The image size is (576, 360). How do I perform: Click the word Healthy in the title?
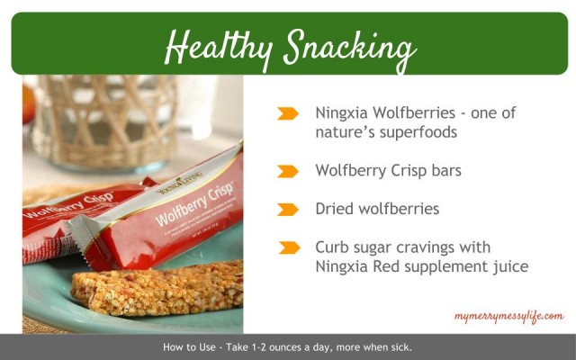click(x=219, y=49)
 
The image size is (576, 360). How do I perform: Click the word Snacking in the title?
click(x=350, y=50)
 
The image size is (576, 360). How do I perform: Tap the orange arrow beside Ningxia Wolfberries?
click(x=288, y=113)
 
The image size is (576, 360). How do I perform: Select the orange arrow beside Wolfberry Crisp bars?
click(x=288, y=171)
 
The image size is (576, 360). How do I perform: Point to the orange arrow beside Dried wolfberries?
click(x=288, y=210)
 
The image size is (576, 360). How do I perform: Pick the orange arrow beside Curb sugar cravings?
click(x=289, y=247)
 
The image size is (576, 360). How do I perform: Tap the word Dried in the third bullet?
click(x=334, y=209)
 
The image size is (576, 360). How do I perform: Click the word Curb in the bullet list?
click(x=332, y=247)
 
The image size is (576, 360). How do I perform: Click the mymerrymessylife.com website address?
click(x=508, y=317)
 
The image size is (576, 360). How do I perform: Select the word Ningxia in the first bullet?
click(x=342, y=112)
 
